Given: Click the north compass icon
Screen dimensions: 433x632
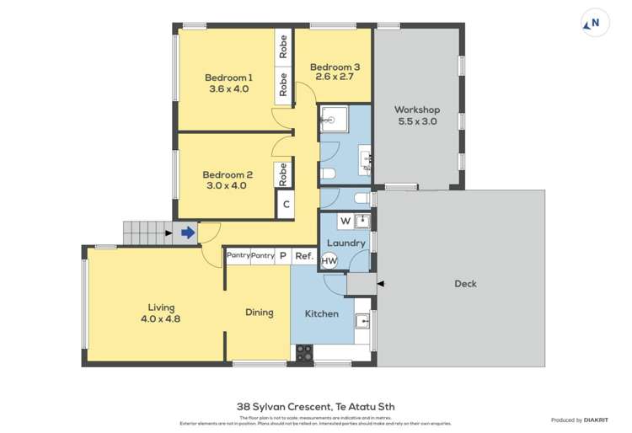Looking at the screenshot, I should click(595, 24).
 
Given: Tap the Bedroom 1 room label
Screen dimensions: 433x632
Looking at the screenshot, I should click(228, 78).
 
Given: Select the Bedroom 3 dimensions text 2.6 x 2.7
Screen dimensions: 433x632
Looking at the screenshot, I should click(335, 77).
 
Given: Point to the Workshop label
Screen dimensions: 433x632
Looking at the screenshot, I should click(417, 110).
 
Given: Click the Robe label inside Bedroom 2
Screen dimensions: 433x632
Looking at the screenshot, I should click(283, 174).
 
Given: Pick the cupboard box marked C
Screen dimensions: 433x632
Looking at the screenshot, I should click(286, 204).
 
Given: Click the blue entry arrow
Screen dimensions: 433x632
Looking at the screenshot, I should click(188, 233).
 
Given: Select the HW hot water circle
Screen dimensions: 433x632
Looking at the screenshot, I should click(329, 261).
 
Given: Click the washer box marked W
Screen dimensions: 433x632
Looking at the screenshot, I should click(345, 222).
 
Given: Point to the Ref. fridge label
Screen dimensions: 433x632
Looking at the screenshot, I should click(303, 255).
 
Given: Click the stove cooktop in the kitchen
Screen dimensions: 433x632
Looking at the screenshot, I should click(303, 353).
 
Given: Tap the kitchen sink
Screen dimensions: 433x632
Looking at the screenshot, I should click(363, 321).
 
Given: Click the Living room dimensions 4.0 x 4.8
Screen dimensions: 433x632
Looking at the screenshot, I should click(160, 319).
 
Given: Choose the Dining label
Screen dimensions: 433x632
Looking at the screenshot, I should click(260, 313).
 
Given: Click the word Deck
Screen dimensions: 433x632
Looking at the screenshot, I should click(465, 284).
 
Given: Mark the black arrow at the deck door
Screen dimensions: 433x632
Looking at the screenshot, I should click(380, 284).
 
